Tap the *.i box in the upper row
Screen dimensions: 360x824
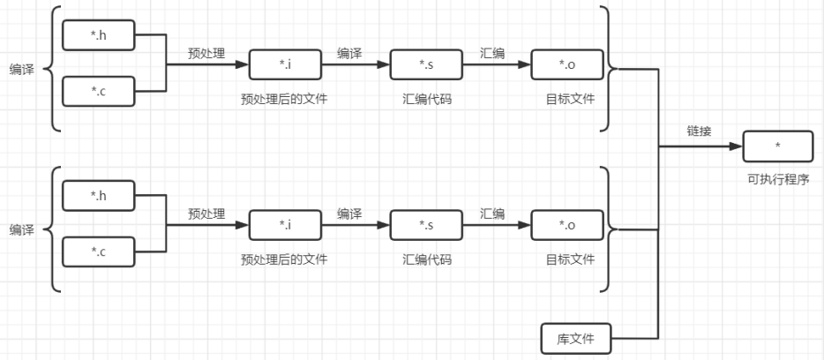[x=285, y=64]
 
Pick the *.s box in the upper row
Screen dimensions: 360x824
[x=426, y=64]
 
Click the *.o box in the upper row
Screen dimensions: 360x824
[x=567, y=64]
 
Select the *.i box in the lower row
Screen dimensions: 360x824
[x=285, y=224]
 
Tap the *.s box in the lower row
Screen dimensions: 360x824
[x=426, y=224]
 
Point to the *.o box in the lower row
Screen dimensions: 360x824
[x=567, y=224]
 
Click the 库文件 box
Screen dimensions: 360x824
[x=574, y=338]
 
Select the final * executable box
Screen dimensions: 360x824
[x=777, y=145]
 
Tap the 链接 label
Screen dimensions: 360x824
[x=700, y=131]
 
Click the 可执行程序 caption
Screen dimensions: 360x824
[x=778, y=179]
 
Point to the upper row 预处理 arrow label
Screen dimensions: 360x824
[x=206, y=53]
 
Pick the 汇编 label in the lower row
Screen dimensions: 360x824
[x=492, y=214]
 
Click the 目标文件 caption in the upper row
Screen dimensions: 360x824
[x=570, y=99]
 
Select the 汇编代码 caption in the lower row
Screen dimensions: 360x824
[x=427, y=259]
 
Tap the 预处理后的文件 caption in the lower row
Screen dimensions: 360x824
[x=284, y=259]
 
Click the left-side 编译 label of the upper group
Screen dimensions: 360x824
[x=22, y=69]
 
